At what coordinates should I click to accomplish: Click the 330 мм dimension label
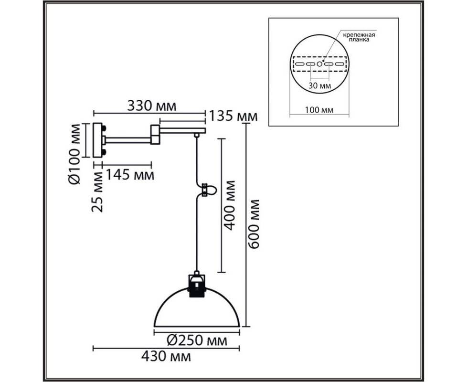pos(151,106)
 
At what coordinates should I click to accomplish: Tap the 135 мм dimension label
pos(233,116)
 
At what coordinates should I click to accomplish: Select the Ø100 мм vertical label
pos(74,154)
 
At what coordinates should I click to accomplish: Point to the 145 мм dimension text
pos(130,175)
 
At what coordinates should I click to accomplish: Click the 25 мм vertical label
pos(97,191)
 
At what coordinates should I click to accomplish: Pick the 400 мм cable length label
pos(229,205)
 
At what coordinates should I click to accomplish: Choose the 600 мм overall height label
pos(254,224)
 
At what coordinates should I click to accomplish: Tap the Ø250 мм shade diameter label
pos(197,340)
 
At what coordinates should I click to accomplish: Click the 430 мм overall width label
pos(166,356)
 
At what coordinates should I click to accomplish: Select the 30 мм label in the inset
pos(319,86)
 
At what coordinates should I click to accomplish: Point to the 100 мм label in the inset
pos(319,110)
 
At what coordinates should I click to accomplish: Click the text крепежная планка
pos(359,37)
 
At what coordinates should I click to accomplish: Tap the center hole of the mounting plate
pos(319,64)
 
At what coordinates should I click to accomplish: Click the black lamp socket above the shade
pos(197,286)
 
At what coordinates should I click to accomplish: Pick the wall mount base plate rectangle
pos(98,140)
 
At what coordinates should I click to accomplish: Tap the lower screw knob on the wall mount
pos(105,152)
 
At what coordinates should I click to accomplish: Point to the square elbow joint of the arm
pos(155,135)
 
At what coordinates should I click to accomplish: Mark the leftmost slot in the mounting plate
pos(300,64)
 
